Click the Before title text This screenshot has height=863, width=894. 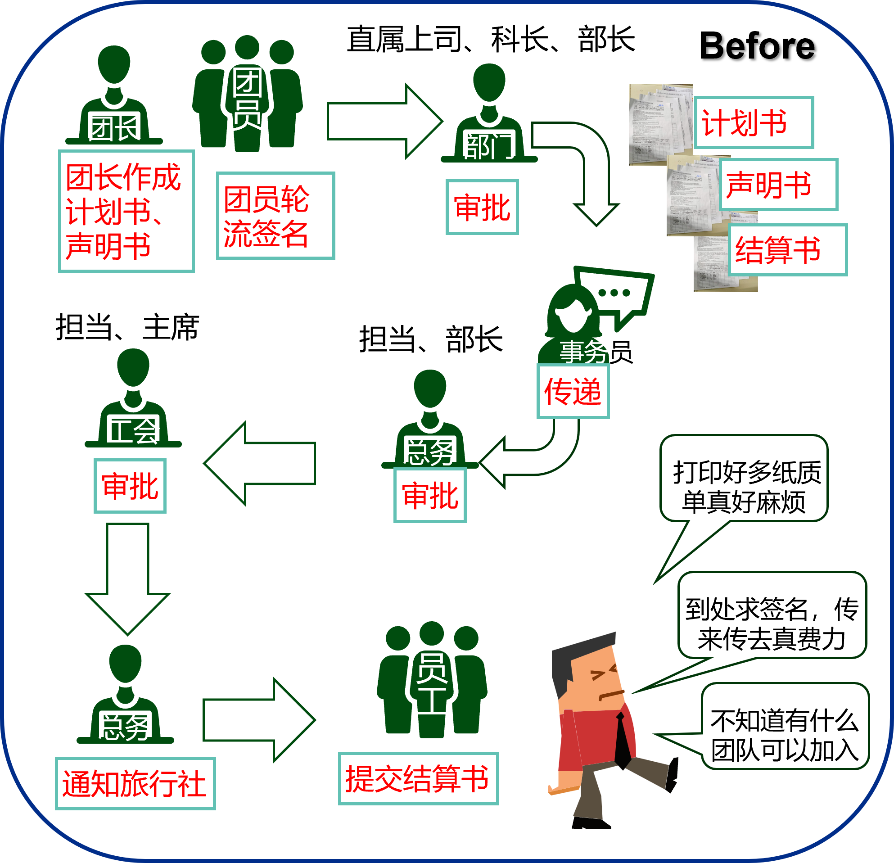[x=757, y=46]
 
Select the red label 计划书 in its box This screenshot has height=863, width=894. [x=754, y=123]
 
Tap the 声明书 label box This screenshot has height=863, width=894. [x=779, y=185]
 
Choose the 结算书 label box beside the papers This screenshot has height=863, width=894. [x=787, y=250]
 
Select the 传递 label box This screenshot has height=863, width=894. [x=573, y=392]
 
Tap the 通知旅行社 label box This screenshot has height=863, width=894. [x=135, y=784]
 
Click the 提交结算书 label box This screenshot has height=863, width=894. [x=418, y=779]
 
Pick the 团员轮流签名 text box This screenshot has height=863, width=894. [x=275, y=216]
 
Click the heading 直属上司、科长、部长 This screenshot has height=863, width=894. [x=491, y=39]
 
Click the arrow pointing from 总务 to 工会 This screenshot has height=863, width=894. [x=260, y=463]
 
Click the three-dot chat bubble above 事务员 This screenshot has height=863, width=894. [x=615, y=293]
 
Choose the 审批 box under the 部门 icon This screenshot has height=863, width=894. [x=482, y=208]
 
